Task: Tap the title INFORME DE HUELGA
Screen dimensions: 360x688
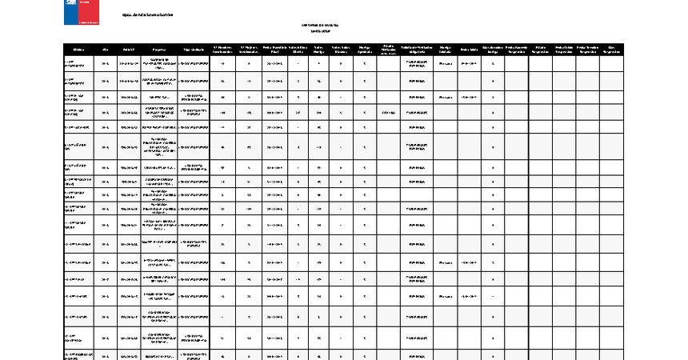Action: (320, 25)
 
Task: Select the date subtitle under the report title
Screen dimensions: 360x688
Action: (320, 31)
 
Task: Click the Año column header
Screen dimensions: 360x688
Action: (106, 49)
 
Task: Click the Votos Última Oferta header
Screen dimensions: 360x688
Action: (298, 49)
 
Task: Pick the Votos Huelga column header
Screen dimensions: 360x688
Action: (319, 49)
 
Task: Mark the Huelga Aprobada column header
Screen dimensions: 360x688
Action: (365, 49)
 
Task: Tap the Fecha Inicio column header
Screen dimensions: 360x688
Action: (469, 49)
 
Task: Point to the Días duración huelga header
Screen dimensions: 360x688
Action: (493, 49)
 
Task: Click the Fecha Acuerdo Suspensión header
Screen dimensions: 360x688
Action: (516, 49)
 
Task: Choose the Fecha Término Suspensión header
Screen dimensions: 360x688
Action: (587, 49)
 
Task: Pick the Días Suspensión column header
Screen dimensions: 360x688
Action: (611, 49)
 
